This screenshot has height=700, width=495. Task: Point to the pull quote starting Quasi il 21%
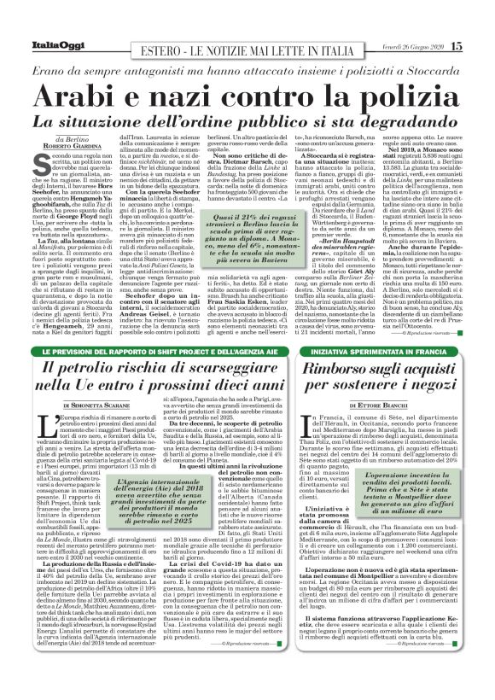point(261,233)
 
